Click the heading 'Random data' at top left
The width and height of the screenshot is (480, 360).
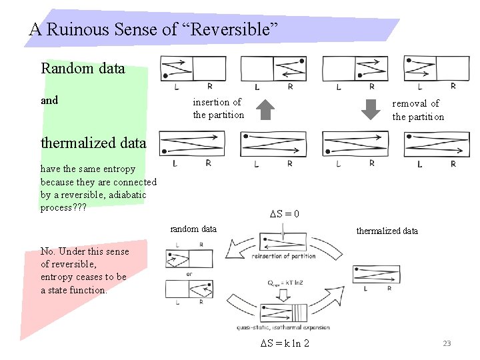(x=83, y=68)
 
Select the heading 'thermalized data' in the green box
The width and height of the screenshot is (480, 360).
(x=93, y=143)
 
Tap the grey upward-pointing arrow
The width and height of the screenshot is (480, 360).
(x=265, y=109)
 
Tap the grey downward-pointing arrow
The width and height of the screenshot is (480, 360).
(x=369, y=109)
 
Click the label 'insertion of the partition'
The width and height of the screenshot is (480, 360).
(x=218, y=109)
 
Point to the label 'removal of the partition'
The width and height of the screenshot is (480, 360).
(x=417, y=110)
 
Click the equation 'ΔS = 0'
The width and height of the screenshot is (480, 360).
(x=284, y=214)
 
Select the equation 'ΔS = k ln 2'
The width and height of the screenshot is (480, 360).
(x=284, y=343)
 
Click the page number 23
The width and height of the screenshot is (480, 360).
(x=447, y=343)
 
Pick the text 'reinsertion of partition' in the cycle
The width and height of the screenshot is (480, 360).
(x=284, y=256)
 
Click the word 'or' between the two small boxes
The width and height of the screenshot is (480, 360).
(x=190, y=273)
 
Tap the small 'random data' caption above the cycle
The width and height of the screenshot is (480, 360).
(x=193, y=229)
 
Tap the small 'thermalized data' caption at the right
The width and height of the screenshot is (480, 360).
(x=387, y=231)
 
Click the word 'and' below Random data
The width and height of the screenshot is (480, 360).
(x=49, y=101)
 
